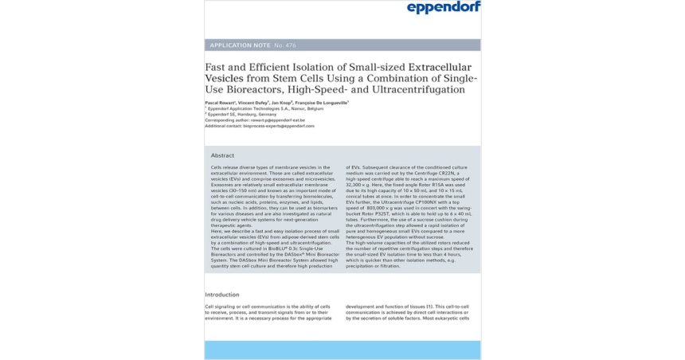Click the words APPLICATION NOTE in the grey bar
click(238, 45)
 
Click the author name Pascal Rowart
click(222, 104)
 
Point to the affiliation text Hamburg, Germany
click(259, 115)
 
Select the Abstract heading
click(223, 155)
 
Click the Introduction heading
click(222, 295)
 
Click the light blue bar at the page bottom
click(342, 350)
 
